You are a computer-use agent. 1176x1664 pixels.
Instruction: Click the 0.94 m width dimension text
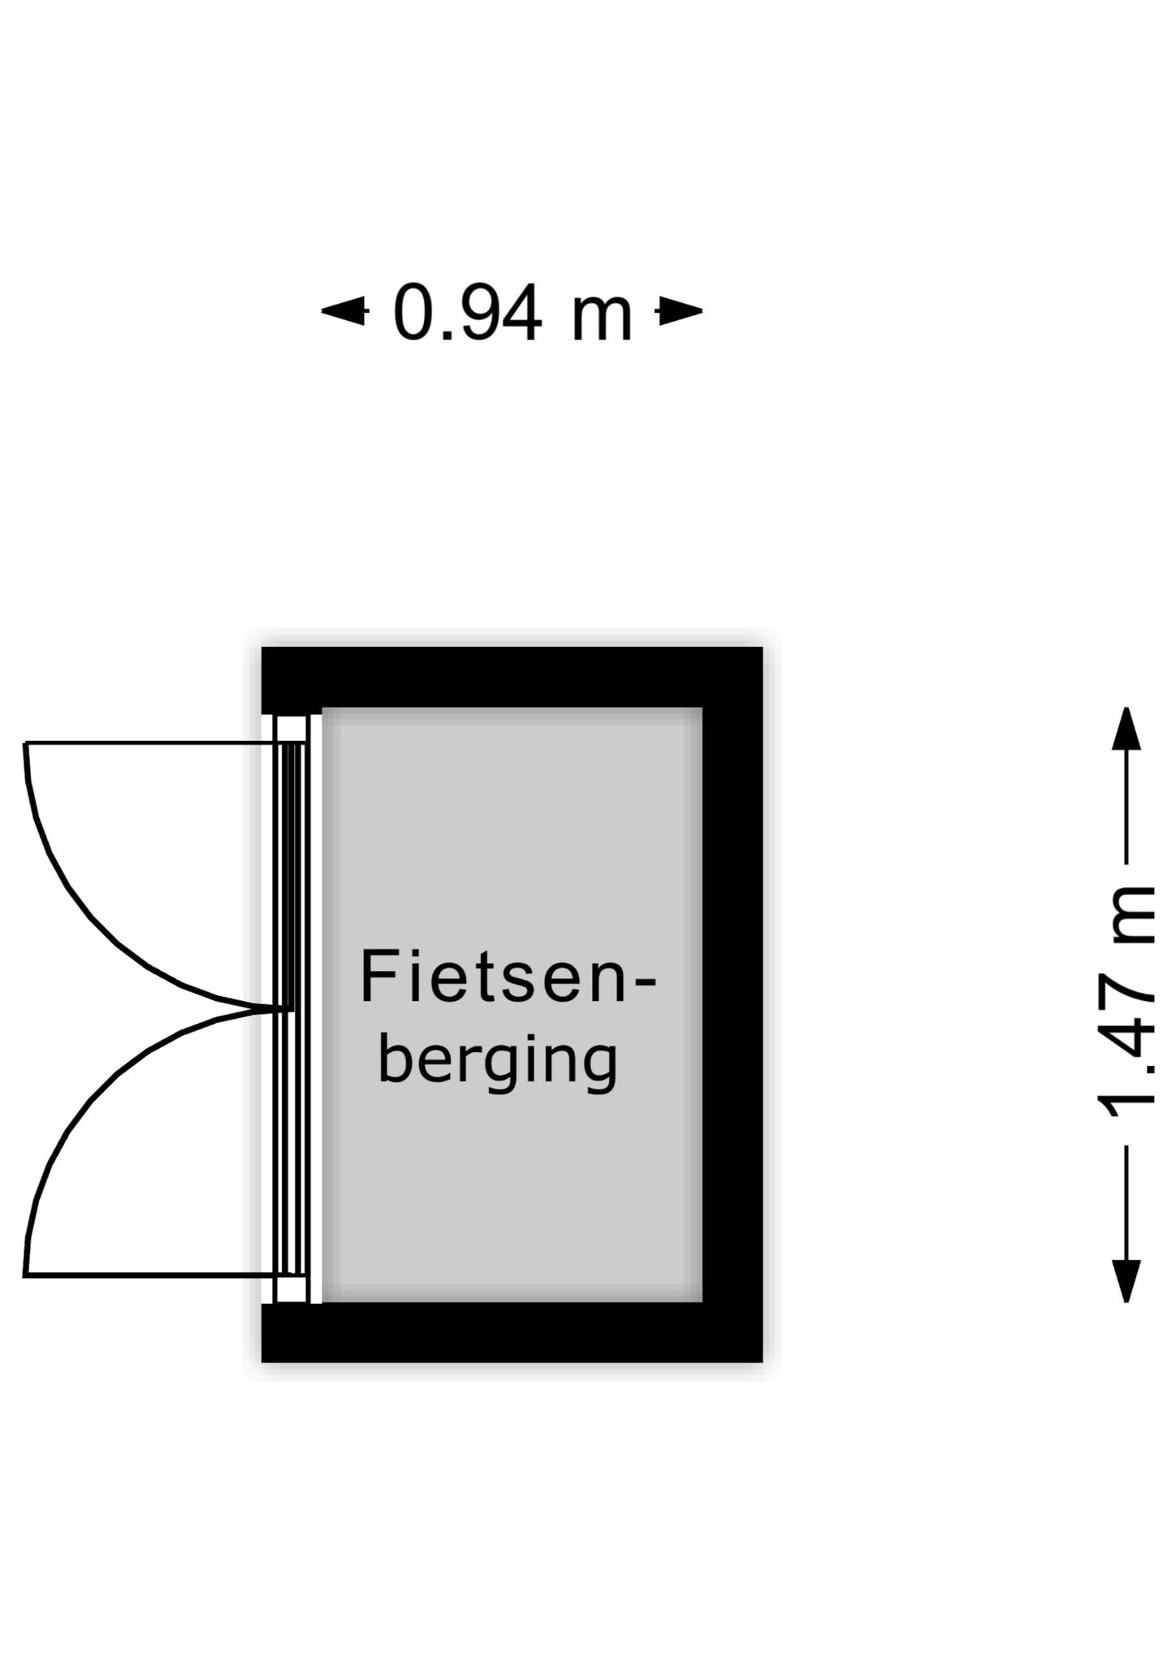tap(512, 313)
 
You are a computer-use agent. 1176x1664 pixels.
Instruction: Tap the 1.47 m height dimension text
tap(1126, 1002)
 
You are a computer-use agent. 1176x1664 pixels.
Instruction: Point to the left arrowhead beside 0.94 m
tap(344, 310)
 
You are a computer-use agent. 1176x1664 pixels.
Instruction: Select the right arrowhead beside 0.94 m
tap(680, 310)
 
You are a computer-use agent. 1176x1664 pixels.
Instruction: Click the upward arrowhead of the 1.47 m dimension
tap(1126, 729)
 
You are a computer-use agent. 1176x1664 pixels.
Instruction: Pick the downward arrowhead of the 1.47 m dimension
tap(1126, 1280)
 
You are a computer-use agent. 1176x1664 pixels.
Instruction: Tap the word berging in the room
tap(498, 1060)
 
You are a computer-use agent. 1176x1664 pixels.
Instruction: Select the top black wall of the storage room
tap(512, 677)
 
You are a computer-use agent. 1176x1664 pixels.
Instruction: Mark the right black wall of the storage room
tap(733, 1004)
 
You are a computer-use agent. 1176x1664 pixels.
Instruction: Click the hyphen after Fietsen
tap(642, 984)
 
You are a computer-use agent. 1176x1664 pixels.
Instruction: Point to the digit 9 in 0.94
tap(466, 312)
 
